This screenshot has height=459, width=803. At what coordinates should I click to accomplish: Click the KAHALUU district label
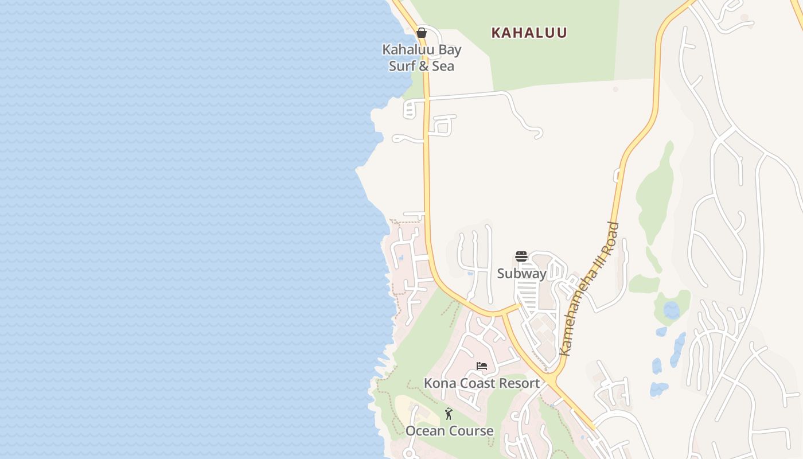tap(529, 33)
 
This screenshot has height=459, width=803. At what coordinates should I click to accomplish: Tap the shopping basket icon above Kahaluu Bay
tap(422, 33)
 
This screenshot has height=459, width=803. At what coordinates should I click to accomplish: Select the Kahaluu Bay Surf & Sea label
tap(422, 57)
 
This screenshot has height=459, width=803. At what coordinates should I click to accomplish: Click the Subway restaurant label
tap(521, 274)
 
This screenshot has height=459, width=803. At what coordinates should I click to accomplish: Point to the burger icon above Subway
tap(521, 256)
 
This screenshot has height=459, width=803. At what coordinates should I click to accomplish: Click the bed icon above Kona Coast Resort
tap(482, 366)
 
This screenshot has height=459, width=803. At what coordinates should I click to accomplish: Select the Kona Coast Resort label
tap(482, 383)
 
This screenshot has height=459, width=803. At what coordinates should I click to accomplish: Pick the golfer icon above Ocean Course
tap(449, 414)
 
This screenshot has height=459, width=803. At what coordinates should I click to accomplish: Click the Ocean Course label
tap(449, 431)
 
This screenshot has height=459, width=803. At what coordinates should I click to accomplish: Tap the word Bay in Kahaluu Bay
tap(449, 50)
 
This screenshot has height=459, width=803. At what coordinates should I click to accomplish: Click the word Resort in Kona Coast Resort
tap(519, 383)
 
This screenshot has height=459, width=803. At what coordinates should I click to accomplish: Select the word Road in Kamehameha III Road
tap(611, 235)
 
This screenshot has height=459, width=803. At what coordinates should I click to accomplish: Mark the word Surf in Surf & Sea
tap(402, 66)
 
